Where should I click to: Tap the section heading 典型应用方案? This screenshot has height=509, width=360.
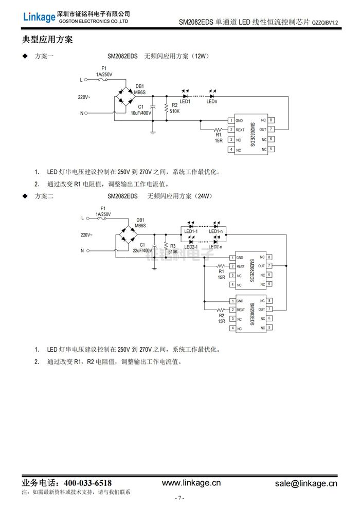tap(47, 39)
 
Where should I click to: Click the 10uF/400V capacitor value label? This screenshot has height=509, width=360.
tap(141, 112)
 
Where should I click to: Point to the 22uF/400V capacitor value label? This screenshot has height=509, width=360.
tap(142, 250)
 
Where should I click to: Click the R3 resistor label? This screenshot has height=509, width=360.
tap(173, 246)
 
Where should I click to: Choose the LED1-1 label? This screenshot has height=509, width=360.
tap(191, 232)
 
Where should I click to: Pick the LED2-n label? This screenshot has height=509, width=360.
tap(215, 247)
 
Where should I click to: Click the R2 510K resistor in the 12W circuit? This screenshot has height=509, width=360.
tap(166, 108)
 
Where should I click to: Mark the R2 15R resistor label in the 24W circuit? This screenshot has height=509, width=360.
tap(222, 319)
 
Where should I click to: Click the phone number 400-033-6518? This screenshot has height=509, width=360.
tap(87, 483)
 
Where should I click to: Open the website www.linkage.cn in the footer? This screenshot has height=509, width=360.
tap(191, 483)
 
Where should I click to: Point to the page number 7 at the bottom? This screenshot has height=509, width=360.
tap(179, 498)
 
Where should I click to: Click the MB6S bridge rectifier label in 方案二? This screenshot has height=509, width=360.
tap(140, 225)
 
